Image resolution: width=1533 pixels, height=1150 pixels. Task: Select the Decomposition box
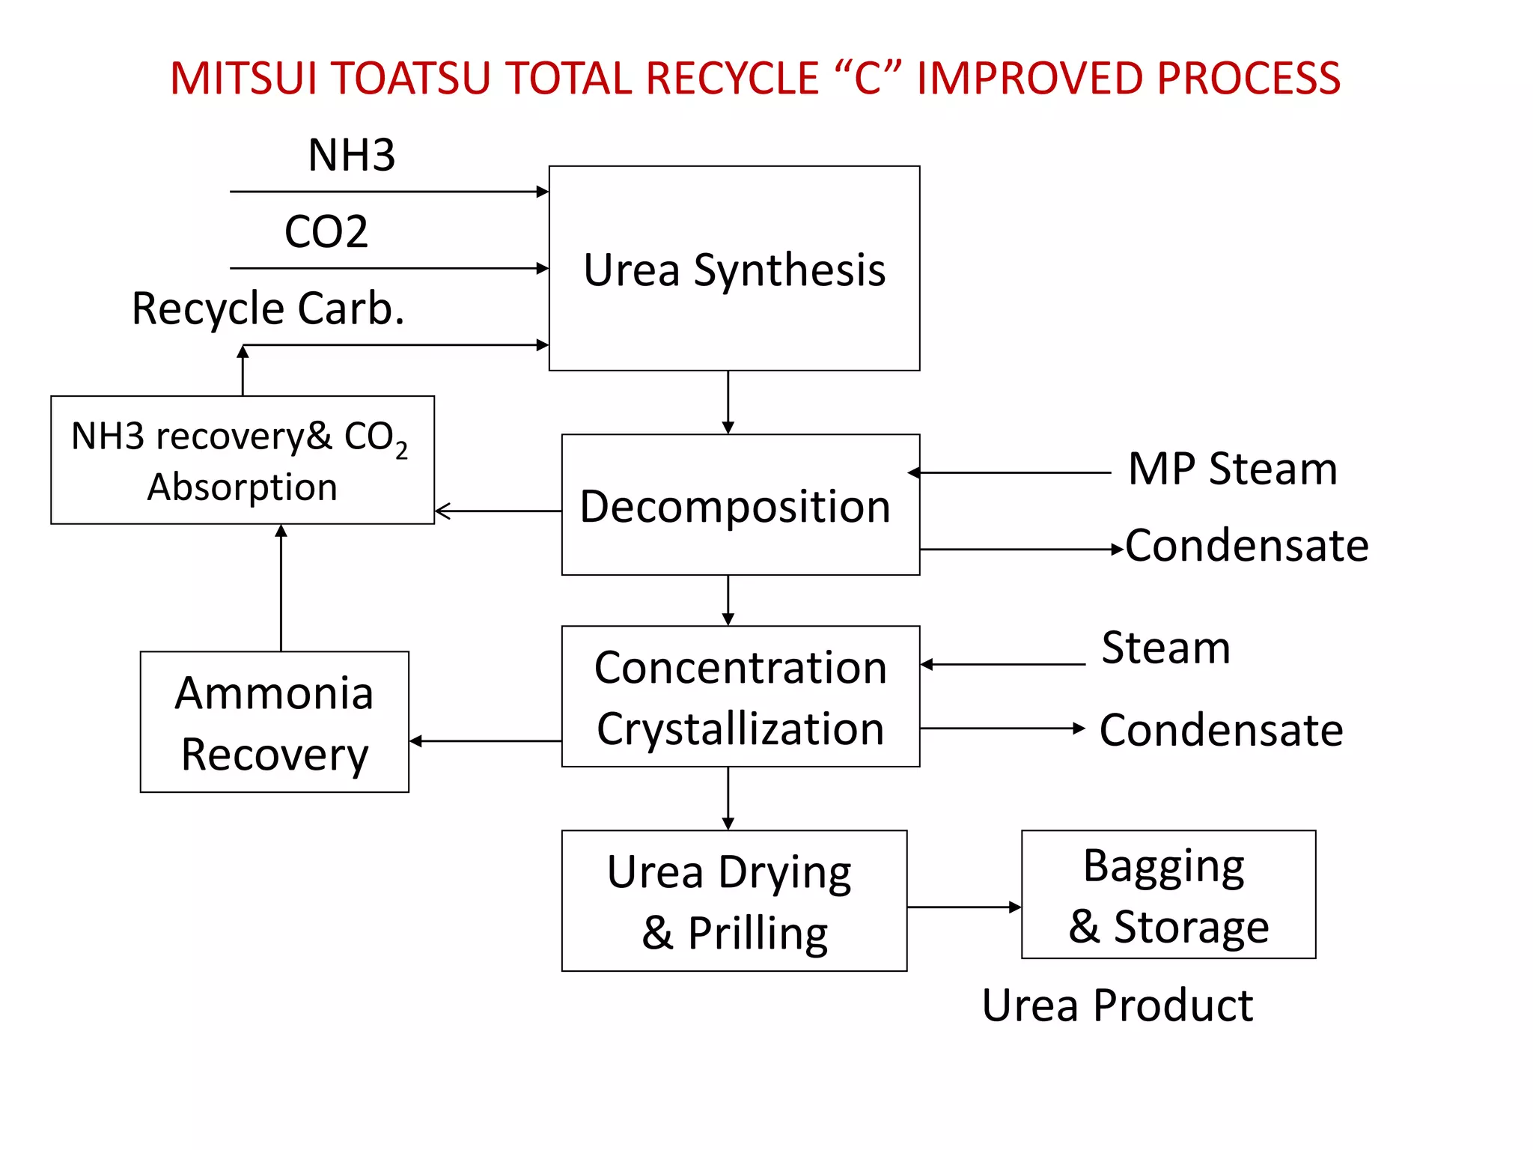740,505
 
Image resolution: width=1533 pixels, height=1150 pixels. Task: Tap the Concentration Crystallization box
740,696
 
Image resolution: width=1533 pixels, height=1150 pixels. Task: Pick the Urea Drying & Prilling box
734,901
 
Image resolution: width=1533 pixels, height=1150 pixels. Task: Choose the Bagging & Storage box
1168,894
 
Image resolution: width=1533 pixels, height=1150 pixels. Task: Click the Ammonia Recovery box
274,722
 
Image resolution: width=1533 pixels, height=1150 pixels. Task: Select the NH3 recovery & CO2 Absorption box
242,460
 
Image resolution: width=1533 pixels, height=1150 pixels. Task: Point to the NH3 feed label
351,155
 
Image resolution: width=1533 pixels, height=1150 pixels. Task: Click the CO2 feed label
326,231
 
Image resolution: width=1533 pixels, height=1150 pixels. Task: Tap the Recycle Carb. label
268,308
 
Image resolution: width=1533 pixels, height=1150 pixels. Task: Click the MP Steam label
1232,469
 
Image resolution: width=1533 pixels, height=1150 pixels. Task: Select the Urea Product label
1117,1005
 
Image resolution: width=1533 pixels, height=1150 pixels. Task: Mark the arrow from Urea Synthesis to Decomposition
728,402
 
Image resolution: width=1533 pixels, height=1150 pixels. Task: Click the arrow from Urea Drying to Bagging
964,907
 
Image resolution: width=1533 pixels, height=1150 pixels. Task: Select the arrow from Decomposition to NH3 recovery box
498,511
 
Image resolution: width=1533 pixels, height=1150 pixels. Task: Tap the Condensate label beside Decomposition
1246,545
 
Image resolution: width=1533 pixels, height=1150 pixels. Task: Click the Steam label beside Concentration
1165,648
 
